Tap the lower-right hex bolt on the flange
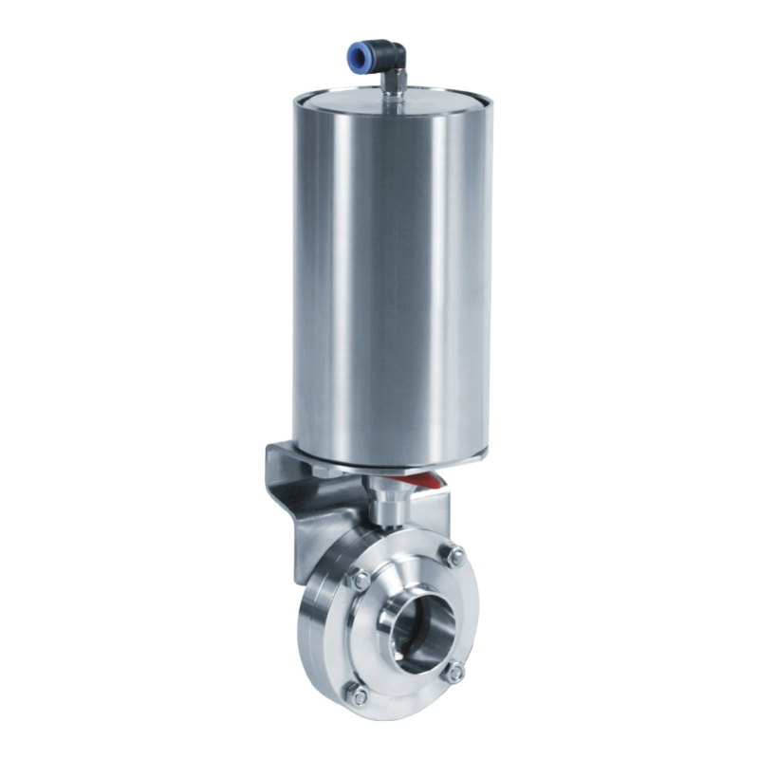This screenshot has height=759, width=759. pyautogui.click(x=455, y=672)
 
